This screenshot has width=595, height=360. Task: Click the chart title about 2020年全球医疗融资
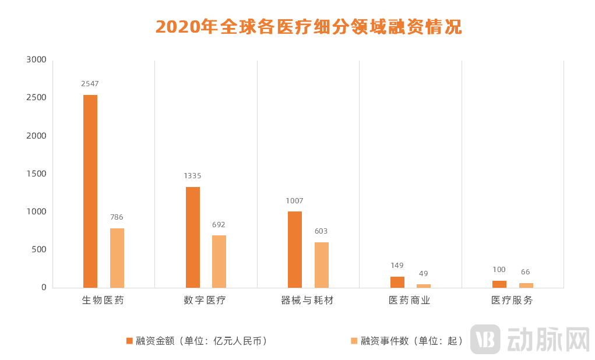pyautogui.click(x=308, y=27)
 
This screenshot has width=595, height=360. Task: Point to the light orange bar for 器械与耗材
pyautogui.click(x=322, y=264)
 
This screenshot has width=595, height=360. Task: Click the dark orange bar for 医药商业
pyautogui.click(x=397, y=282)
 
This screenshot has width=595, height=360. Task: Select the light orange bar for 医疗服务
pyautogui.click(x=526, y=285)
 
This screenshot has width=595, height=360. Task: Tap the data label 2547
pyautogui.click(x=90, y=84)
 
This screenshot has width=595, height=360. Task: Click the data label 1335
pyautogui.click(x=192, y=176)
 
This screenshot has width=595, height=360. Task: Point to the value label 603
pyautogui.click(x=321, y=231)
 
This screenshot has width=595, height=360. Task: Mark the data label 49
pyautogui.click(x=424, y=274)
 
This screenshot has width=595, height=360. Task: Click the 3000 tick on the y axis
pyautogui.click(x=36, y=60)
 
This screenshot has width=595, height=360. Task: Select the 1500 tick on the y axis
pyautogui.click(x=36, y=174)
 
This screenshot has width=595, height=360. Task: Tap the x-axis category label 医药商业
pyautogui.click(x=410, y=301)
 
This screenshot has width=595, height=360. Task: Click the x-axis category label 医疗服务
pyautogui.click(x=512, y=301)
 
